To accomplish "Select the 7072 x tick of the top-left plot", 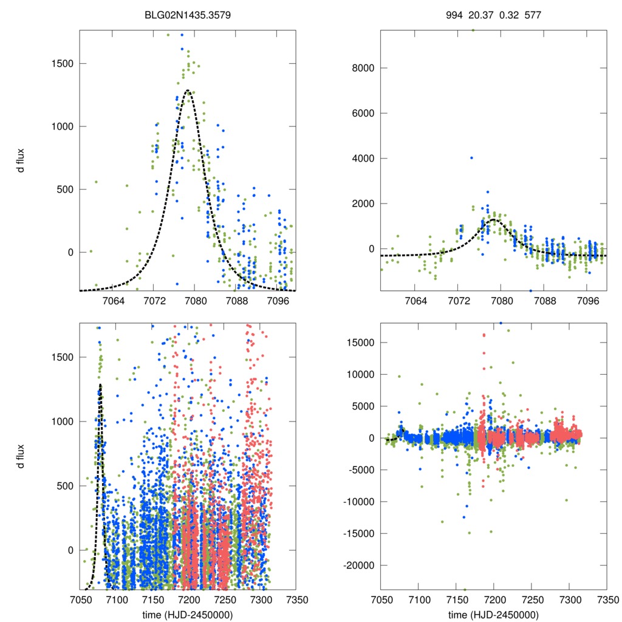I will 154,301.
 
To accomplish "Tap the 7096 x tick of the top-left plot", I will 278,301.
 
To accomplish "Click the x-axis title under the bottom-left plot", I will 188,614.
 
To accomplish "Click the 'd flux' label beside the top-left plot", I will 21,162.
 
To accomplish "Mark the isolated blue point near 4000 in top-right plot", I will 471,158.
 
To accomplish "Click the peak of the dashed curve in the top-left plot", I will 188,91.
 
